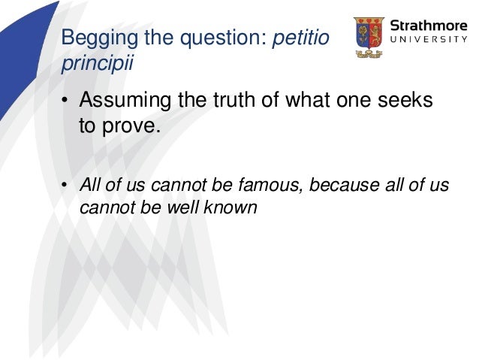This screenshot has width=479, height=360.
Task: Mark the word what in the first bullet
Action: coord(312,100)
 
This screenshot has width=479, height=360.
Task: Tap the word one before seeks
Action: coord(360,100)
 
